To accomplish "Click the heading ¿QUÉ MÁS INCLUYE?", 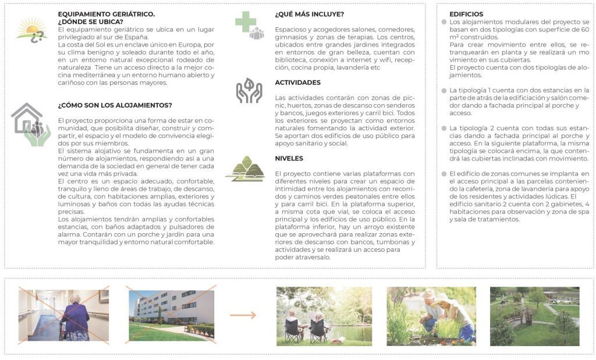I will coord(309,14).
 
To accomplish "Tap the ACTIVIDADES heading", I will coord(297,83).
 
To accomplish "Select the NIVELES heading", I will coord(289,158).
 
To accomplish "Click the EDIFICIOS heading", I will coord(466,14).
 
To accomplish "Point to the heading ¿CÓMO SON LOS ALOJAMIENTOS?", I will coord(115,105).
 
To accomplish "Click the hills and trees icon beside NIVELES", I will coord(246,169).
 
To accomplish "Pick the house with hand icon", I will coord(30,124).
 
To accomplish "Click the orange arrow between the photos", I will coord(243,315).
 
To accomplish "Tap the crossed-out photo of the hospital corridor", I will coord(63,315).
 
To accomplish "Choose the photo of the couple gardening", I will coord(431,316).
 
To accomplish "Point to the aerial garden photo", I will coord(534,316).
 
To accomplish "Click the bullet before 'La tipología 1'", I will coord(444,91).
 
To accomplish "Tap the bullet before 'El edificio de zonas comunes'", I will coord(444,174).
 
